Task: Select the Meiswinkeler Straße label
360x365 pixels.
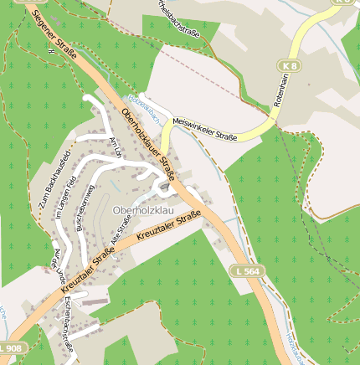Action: [205, 128]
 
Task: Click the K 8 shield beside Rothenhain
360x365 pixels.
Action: [289, 64]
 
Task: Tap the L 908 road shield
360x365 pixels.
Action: [11, 347]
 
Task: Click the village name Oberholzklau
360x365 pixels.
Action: [145, 208]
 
